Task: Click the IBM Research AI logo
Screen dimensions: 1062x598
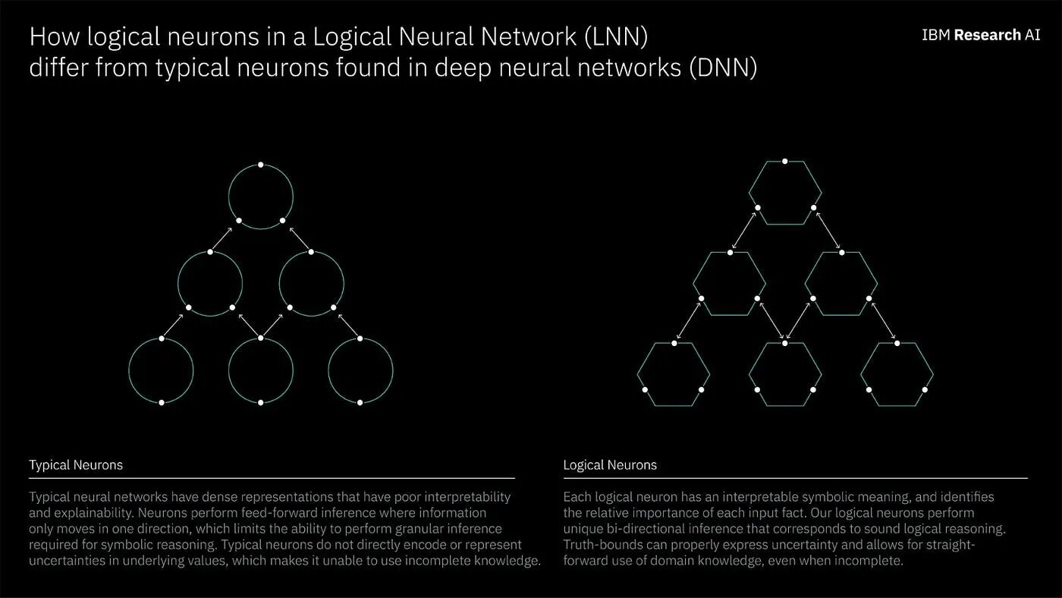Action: [x=981, y=35]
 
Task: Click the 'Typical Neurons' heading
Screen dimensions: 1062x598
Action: [x=76, y=464]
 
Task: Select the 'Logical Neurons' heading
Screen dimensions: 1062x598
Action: [x=610, y=464]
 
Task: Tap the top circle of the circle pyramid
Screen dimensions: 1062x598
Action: [x=261, y=197]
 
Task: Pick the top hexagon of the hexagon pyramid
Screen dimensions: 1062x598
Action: [x=785, y=193]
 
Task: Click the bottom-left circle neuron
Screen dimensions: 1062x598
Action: [x=161, y=370]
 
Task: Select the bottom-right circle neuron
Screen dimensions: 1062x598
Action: [x=360, y=370]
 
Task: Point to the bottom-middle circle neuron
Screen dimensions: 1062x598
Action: [x=261, y=370]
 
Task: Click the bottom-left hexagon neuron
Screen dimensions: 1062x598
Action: [x=674, y=374]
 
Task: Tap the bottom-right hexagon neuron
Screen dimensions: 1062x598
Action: [x=897, y=374]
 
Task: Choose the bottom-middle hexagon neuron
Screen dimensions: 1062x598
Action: [x=785, y=374]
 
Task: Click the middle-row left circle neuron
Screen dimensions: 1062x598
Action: [x=210, y=283]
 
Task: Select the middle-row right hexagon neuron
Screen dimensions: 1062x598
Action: [x=840, y=283]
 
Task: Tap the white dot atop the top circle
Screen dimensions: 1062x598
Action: [x=261, y=165]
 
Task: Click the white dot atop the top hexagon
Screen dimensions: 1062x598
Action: [x=785, y=162]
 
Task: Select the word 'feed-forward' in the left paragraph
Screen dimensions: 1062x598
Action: [x=280, y=513]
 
